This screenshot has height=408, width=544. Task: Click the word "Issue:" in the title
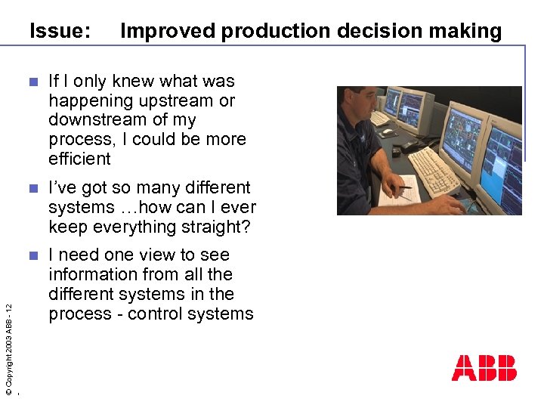click(60, 31)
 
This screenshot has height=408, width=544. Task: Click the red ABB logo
click(484, 368)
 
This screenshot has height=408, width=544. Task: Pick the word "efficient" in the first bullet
click(79, 159)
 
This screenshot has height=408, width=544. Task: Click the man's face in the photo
click(361, 104)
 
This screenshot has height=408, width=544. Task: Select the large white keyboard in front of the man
click(434, 172)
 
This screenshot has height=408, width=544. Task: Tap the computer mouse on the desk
click(388, 132)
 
